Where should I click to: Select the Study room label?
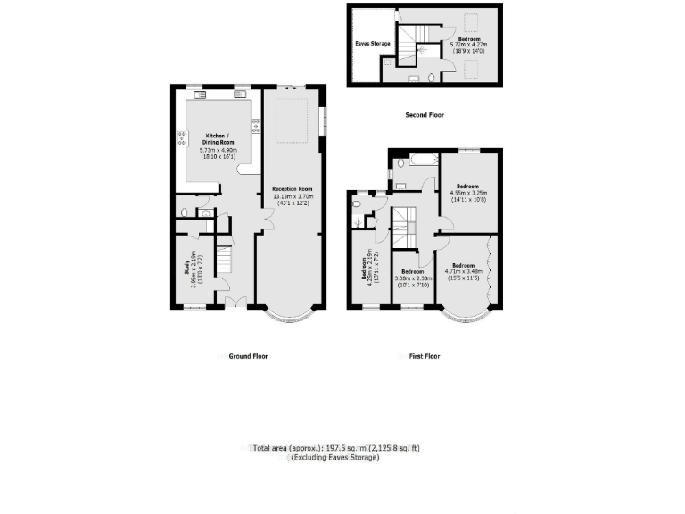(x=187, y=269)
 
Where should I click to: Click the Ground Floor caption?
(x=248, y=356)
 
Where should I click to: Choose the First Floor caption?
(x=425, y=356)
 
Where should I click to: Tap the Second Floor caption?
(x=425, y=115)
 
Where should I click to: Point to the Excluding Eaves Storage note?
(x=334, y=458)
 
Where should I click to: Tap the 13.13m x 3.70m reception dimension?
(x=293, y=199)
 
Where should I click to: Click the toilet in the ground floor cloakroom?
(x=183, y=213)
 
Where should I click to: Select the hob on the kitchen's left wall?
(x=182, y=137)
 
